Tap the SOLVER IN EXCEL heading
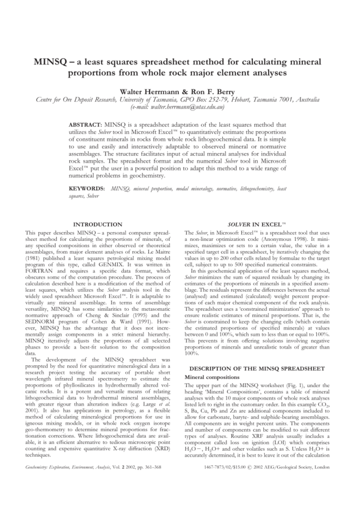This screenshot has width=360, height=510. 259,224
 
